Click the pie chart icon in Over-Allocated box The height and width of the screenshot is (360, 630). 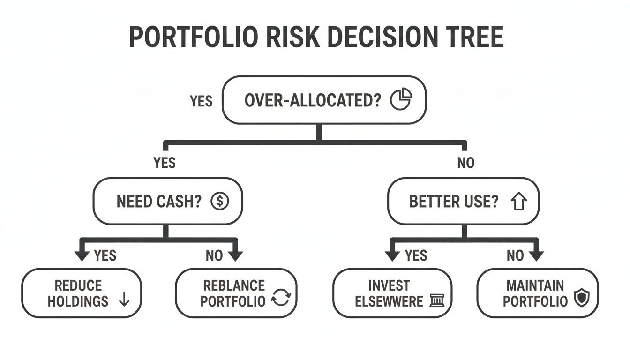point(401,99)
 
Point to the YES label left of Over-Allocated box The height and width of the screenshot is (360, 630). point(201,101)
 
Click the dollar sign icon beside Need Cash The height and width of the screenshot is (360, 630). point(219,202)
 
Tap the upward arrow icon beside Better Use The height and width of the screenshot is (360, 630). point(519,202)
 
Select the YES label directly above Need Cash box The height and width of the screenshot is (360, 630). point(165,163)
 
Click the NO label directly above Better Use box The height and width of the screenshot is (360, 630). point(465,163)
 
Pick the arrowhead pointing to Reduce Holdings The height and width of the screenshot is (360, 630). point(82,255)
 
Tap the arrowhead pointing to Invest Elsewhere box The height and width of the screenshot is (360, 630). point(392,255)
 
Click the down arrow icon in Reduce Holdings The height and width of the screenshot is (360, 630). point(124,300)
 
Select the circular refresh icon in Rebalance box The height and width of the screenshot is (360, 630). point(281,299)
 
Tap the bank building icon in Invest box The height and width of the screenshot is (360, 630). point(436,300)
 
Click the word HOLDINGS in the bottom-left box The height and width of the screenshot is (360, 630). point(78,301)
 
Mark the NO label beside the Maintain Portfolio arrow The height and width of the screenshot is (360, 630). point(515,255)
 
